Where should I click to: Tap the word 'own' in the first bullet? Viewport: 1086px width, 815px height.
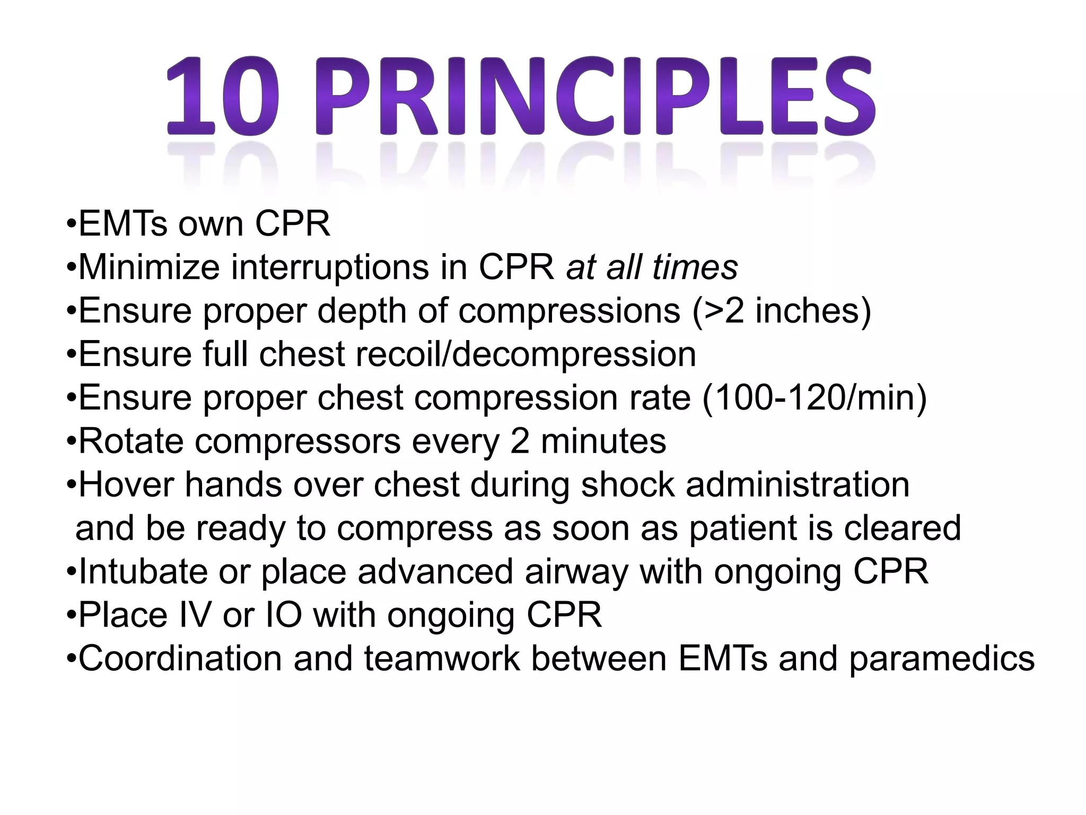[x=211, y=224]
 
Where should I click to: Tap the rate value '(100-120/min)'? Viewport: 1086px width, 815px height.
[x=814, y=397]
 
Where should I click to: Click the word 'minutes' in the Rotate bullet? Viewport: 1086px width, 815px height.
[x=603, y=441]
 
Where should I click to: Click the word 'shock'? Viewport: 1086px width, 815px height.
[x=628, y=484]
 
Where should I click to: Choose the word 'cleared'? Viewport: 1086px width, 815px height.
[x=902, y=528]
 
